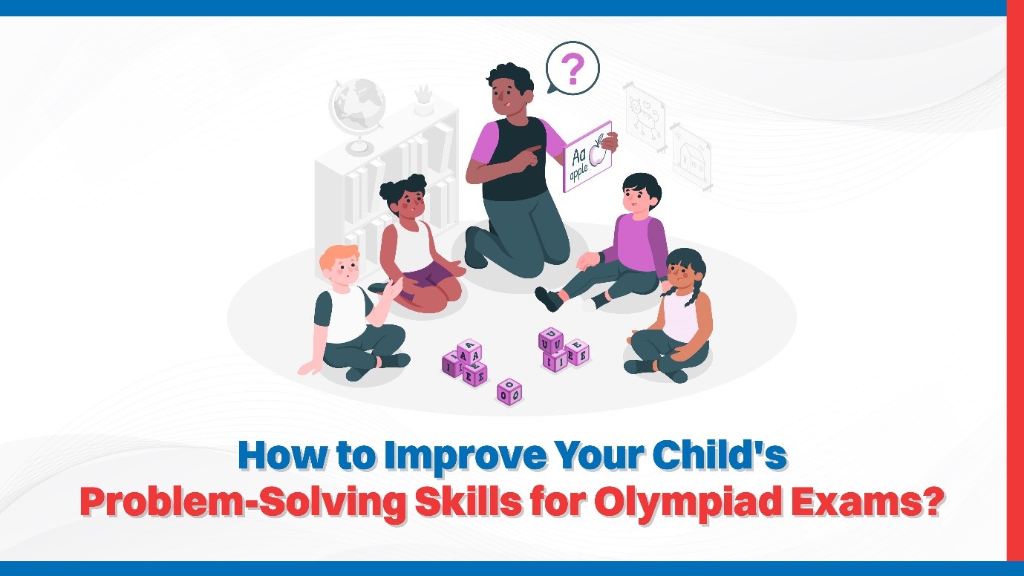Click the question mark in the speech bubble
572,69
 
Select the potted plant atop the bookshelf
423,99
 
